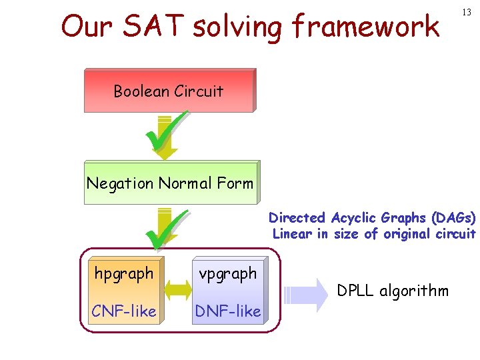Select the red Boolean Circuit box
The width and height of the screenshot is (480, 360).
coord(169,91)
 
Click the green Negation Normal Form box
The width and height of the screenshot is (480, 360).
coord(170,183)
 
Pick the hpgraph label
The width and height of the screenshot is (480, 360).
coord(124,273)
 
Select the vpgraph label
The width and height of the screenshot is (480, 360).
coord(227,273)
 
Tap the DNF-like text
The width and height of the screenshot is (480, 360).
coord(227,311)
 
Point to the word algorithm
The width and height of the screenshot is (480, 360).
coord(415,291)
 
